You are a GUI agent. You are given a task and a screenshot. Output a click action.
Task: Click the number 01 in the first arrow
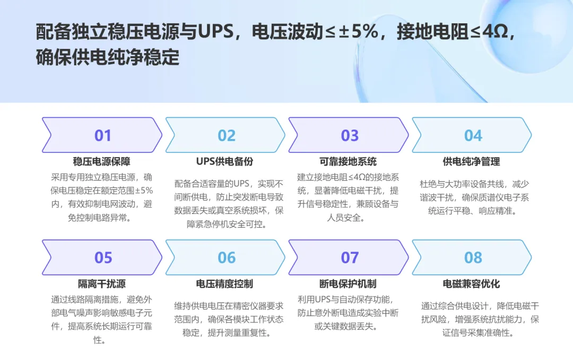(x=103, y=135)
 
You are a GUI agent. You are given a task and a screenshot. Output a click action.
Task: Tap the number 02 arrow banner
(x=227, y=135)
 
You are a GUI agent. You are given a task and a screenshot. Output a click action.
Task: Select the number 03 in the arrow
(x=350, y=135)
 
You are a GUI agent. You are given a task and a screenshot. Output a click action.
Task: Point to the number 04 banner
(x=473, y=135)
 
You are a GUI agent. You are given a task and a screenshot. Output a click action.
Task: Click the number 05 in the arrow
(x=103, y=258)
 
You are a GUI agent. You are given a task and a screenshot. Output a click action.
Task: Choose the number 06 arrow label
(x=227, y=258)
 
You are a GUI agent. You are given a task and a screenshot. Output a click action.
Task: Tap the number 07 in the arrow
(x=350, y=258)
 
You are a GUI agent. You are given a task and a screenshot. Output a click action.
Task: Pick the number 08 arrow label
(x=473, y=258)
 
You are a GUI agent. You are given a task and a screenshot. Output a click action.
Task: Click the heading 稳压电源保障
(x=101, y=161)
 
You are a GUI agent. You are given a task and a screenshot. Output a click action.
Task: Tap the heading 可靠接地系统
(x=348, y=161)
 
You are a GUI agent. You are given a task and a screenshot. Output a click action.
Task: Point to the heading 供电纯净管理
(x=471, y=161)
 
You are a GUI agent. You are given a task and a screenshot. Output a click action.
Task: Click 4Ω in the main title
(x=495, y=32)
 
